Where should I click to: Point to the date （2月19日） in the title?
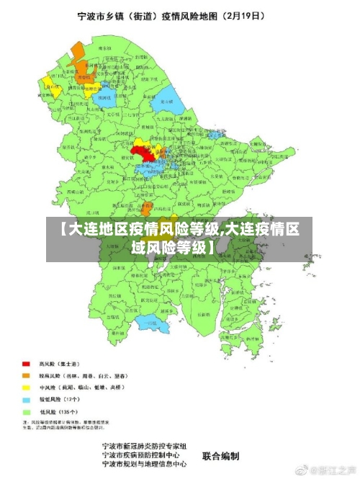click(241, 14)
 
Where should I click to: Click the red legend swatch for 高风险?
click(26, 364)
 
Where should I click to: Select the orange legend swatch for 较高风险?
click(26, 375)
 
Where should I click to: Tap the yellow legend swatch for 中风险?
click(26, 387)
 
